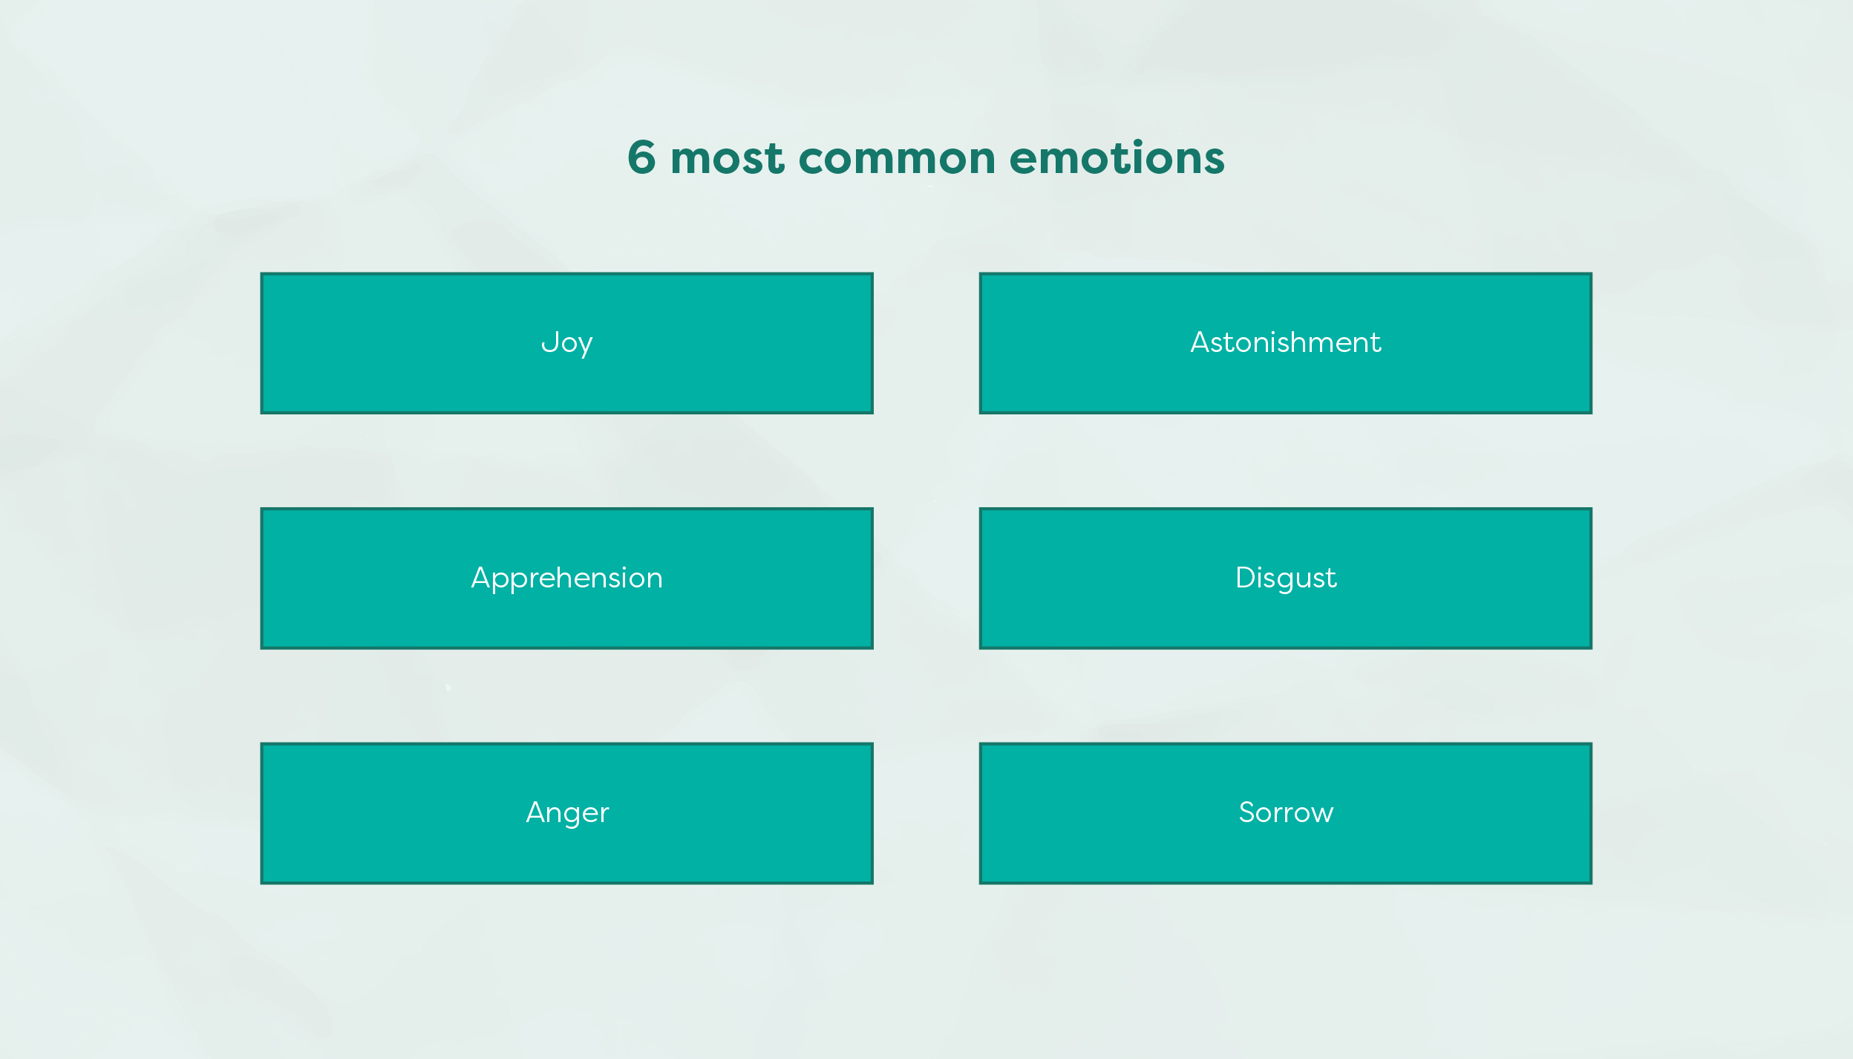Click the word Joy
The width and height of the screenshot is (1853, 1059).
566,343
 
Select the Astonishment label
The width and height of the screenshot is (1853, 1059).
1285,342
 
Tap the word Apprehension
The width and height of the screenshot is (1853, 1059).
566,579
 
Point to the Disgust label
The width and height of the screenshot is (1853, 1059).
1286,579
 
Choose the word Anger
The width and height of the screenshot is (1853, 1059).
567,813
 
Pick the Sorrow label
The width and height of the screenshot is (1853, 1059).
1286,812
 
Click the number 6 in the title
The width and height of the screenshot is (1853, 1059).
642,157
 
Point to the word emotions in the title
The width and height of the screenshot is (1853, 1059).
1117,158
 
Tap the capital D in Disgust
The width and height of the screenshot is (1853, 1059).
1246,577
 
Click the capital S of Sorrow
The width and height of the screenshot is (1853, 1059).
1247,812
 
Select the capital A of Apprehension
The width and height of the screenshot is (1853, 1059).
483,577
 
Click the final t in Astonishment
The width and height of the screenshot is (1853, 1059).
1376,344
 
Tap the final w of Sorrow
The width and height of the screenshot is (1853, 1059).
1321,815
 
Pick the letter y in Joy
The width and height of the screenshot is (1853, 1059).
584,347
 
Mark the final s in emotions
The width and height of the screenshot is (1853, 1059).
1214,161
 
